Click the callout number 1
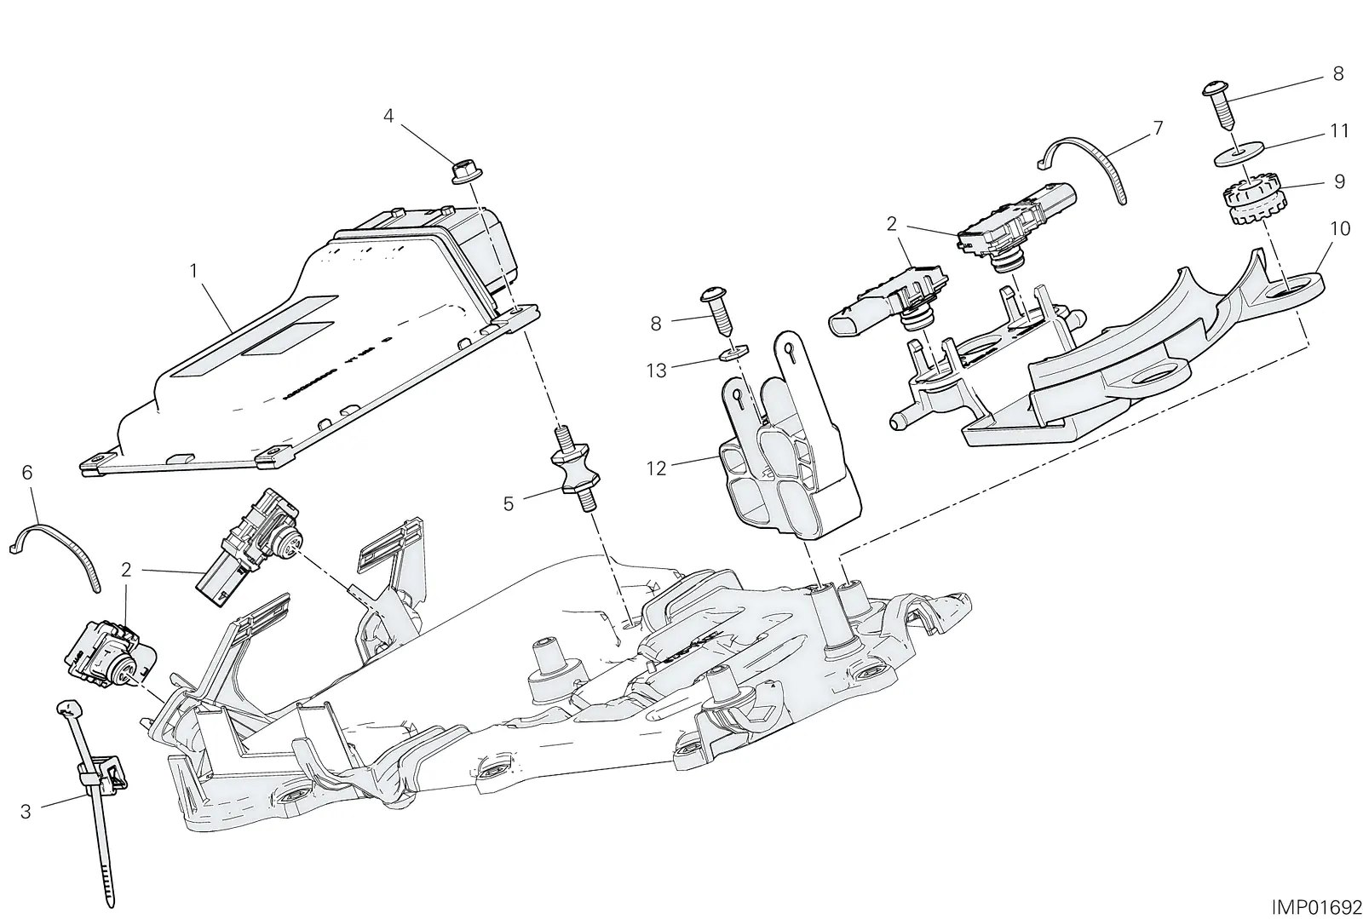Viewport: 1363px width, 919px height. click(194, 271)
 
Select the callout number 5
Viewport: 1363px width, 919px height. click(508, 503)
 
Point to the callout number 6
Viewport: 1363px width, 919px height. click(27, 473)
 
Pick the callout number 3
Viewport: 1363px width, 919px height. click(26, 812)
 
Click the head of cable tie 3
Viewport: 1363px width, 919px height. click(70, 707)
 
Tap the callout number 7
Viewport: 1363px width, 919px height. click(1158, 129)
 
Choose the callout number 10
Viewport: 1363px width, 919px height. click(1341, 229)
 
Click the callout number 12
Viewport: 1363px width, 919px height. click(657, 468)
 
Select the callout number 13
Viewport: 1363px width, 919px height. click(657, 370)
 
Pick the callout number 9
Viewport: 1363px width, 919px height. click(1339, 182)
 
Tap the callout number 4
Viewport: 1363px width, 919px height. click(388, 116)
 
